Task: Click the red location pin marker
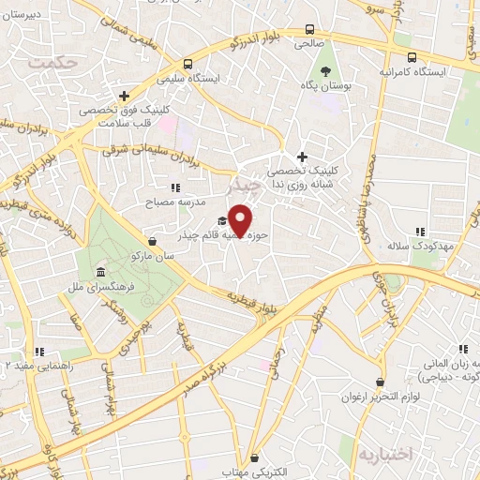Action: coord(241,219)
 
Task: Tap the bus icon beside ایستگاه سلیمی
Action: coord(188,65)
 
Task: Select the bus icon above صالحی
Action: coord(309,29)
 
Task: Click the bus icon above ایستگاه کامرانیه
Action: coord(411,56)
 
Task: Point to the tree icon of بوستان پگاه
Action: coord(324,70)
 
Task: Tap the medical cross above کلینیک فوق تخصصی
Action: coord(124,96)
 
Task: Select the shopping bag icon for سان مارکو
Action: coord(152,241)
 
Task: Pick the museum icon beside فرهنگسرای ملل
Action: coord(100,273)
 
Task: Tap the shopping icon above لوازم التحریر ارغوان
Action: coord(379,382)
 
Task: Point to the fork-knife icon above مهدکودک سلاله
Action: coord(421,231)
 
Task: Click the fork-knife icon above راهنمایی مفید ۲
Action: coord(40,352)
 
